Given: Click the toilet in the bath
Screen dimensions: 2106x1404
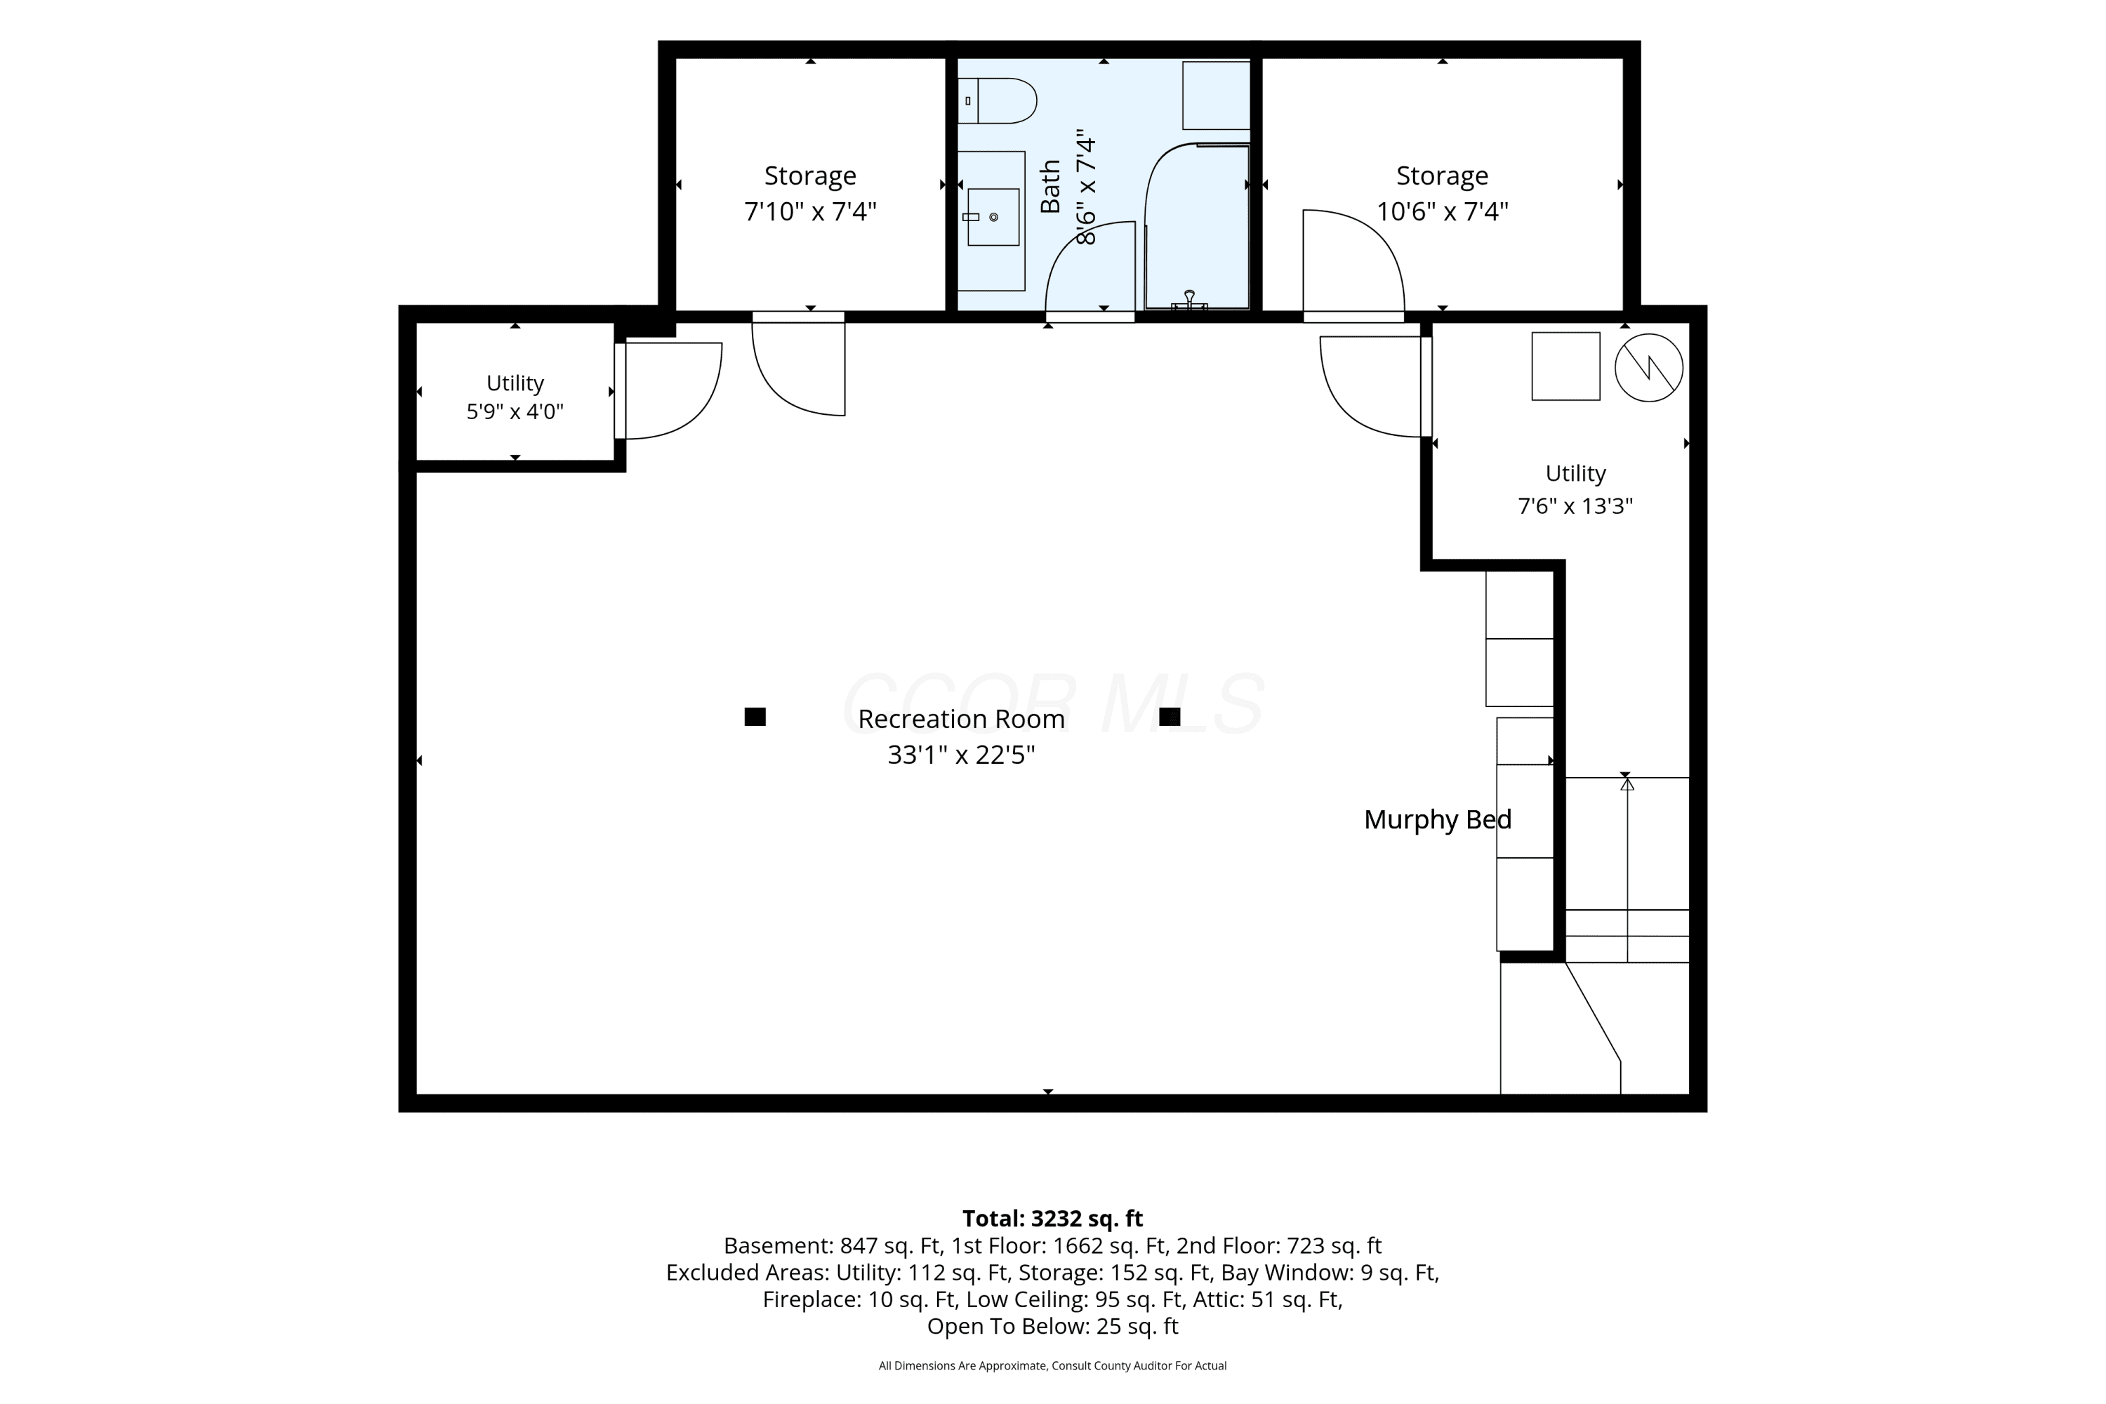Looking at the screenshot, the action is (997, 100).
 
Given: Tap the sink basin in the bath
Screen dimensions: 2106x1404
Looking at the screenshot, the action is (993, 217).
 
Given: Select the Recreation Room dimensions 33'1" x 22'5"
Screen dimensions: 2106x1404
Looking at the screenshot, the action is (961, 755).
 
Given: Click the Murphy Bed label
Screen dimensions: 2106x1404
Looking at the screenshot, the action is (1437, 819).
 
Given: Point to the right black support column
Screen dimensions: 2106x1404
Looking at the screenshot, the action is (1170, 716).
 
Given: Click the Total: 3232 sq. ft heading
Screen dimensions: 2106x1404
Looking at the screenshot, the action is (1052, 1219).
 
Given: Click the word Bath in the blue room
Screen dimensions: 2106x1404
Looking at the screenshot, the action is (1050, 186).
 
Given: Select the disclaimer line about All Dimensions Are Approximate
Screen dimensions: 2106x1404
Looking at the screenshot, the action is (1052, 1365).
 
